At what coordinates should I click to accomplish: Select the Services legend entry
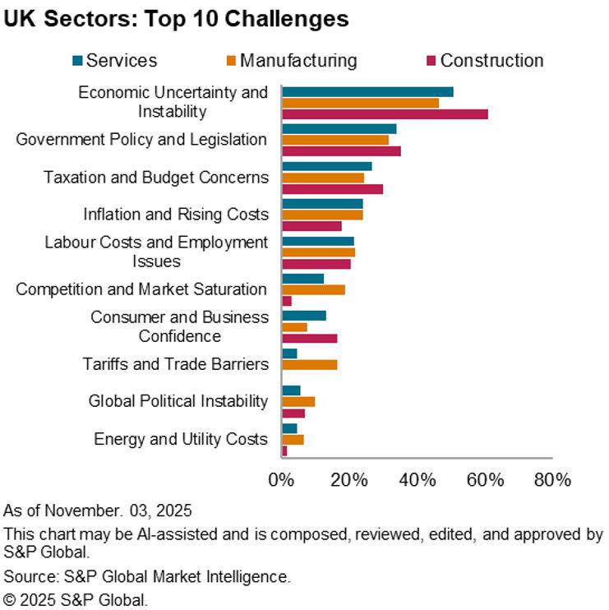point(114,60)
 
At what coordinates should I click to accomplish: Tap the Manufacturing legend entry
point(292,60)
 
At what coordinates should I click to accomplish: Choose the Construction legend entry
point(484,60)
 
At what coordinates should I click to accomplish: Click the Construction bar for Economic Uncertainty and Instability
point(385,113)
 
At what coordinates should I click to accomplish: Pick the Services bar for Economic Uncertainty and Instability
point(367,91)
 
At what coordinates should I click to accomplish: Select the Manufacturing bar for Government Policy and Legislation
point(335,140)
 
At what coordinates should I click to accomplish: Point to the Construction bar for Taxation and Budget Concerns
point(332,189)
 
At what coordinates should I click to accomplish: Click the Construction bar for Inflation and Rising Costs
point(311,226)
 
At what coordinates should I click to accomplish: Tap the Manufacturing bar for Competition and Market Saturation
point(313,289)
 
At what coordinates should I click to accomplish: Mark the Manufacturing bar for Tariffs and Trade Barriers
point(309,364)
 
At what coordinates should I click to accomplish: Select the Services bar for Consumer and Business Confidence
point(304,316)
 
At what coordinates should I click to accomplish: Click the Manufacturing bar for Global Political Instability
point(298,401)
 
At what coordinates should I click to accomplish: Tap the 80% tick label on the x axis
point(551,479)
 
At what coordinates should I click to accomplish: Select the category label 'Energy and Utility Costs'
point(181,439)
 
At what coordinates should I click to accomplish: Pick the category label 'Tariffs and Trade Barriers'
point(176,363)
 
